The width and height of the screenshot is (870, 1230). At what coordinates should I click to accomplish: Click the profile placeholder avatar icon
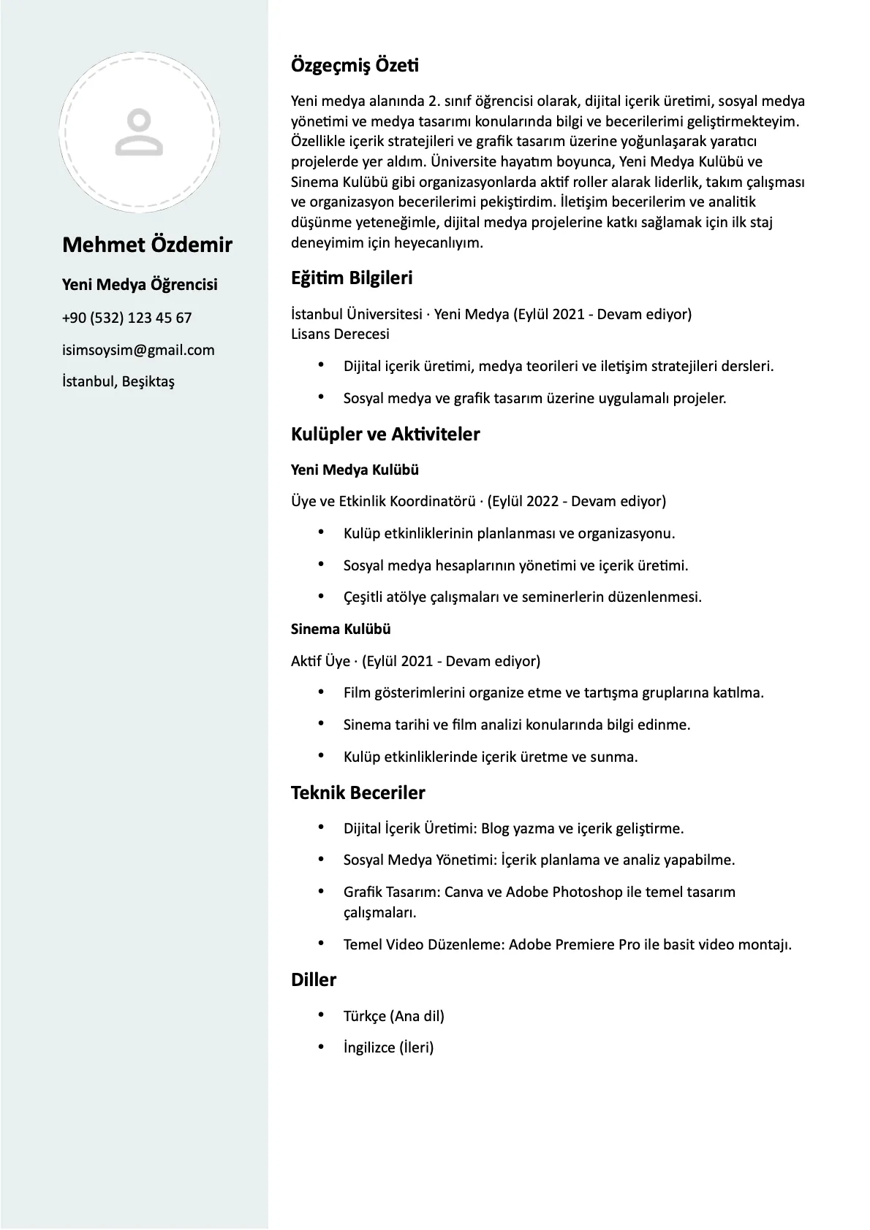[139, 132]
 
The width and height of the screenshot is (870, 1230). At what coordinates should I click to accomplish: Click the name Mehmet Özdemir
[147, 245]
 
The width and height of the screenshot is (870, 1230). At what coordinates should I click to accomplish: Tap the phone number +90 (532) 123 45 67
[126, 318]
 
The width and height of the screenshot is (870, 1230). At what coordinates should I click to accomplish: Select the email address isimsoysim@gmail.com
[138, 350]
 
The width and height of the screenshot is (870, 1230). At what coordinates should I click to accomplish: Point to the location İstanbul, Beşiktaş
[118, 381]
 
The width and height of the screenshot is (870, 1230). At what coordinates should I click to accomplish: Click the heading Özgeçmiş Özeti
[355, 65]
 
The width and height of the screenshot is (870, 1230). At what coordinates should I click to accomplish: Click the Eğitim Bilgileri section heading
[352, 278]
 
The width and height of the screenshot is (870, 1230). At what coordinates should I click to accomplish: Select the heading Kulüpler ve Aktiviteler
[385, 434]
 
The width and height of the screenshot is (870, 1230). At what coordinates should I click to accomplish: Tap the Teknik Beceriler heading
[358, 792]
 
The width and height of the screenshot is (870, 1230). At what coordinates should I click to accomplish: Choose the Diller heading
[314, 979]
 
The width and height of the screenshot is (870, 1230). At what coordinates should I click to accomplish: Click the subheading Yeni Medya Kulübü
[355, 470]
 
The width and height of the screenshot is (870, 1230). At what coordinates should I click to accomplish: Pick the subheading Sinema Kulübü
[341, 629]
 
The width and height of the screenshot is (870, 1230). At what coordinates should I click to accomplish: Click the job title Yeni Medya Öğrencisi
[140, 285]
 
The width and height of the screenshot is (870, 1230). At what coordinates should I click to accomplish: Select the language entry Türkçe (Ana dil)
[393, 1016]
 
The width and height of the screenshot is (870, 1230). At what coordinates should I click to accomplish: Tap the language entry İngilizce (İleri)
[388, 1047]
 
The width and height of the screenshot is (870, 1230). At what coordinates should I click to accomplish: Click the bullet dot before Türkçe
[321, 1015]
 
